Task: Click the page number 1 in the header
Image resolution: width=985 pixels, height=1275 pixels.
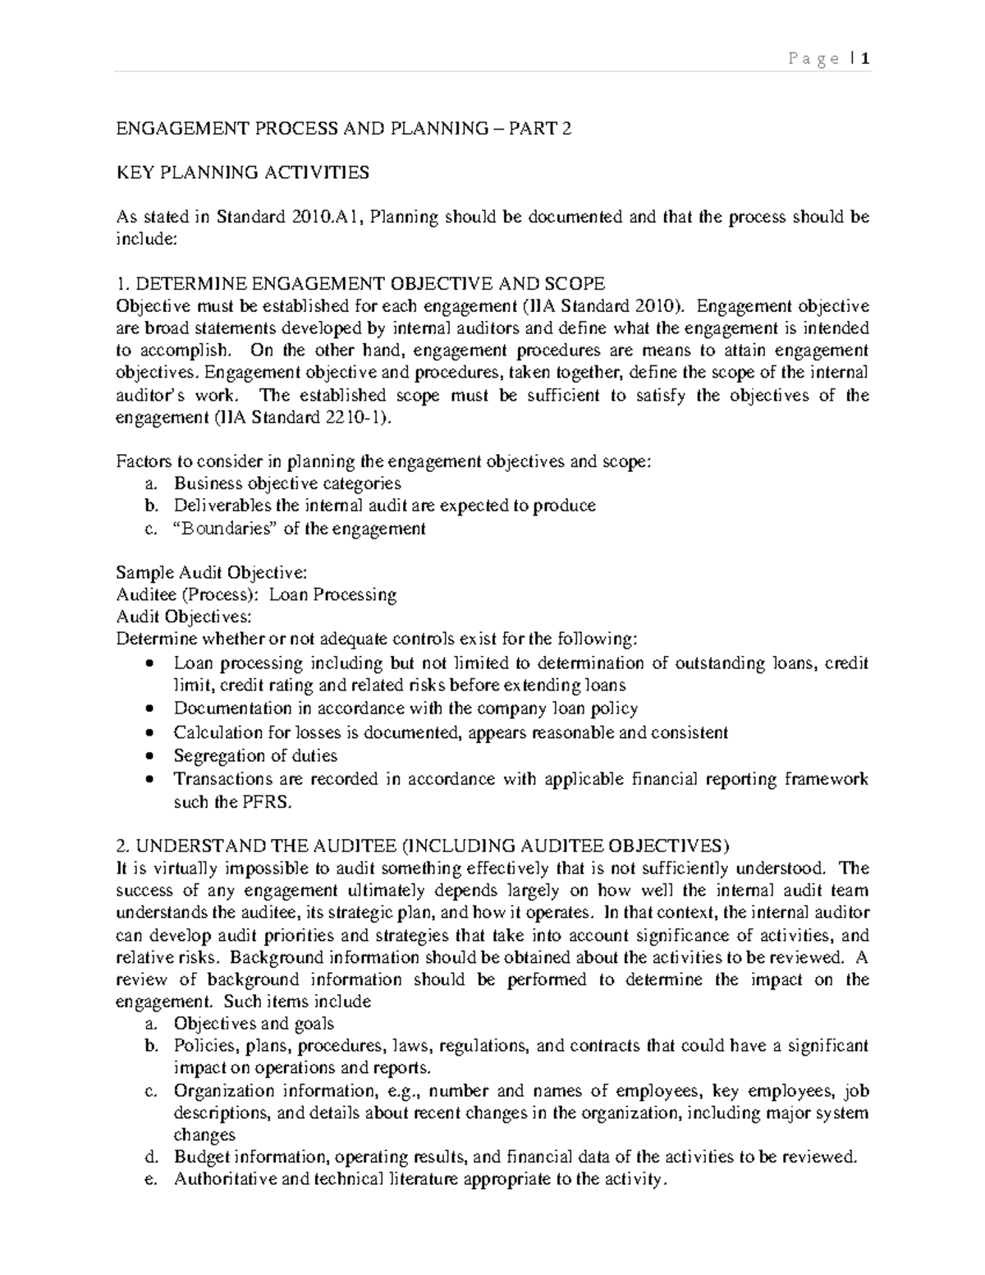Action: (x=865, y=58)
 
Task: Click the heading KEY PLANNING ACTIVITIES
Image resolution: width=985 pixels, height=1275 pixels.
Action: (x=242, y=172)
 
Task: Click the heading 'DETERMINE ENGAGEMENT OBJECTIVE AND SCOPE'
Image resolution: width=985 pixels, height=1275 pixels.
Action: (x=369, y=284)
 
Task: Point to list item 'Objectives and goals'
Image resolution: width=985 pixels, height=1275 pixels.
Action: (x=254, y=1023)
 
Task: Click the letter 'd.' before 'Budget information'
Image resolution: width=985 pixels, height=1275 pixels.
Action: (x=149, y=1158)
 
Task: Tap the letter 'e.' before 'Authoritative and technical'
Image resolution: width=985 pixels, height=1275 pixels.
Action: (x=149, y=1180)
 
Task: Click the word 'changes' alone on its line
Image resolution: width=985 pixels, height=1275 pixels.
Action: (x=204, y=1135)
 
